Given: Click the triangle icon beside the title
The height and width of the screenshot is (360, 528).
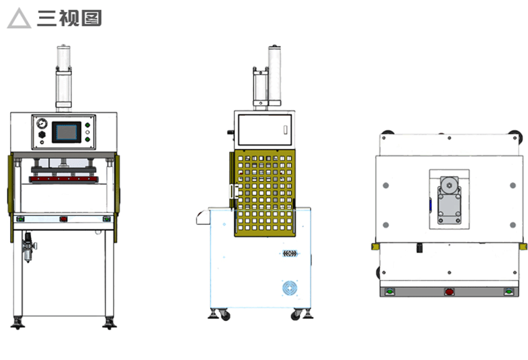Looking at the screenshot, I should pos(19,19).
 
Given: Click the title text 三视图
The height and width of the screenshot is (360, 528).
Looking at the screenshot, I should pos(69,18).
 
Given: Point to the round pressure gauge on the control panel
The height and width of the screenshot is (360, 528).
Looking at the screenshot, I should pos(41,123).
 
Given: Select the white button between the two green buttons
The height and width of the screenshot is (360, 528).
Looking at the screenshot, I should pos(88,131).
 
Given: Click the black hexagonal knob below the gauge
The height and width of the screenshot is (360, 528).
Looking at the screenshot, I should pos(41,136).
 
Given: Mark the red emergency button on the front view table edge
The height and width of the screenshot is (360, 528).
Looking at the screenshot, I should pos(64,218).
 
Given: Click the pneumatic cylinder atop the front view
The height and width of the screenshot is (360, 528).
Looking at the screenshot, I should pos(64,78).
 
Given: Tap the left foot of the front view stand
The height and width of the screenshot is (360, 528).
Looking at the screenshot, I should pos(18,323).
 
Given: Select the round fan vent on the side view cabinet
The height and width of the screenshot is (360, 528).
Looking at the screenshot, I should pos(290,288).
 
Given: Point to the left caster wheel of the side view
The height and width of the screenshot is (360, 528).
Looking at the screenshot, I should pos(224,315).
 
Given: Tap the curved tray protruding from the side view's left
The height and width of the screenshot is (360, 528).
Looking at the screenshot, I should pos(202,217).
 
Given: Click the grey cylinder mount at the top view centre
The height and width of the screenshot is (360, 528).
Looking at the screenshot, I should pos(448,198).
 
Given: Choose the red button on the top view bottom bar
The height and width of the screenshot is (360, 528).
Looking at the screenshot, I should pos(449,292).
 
